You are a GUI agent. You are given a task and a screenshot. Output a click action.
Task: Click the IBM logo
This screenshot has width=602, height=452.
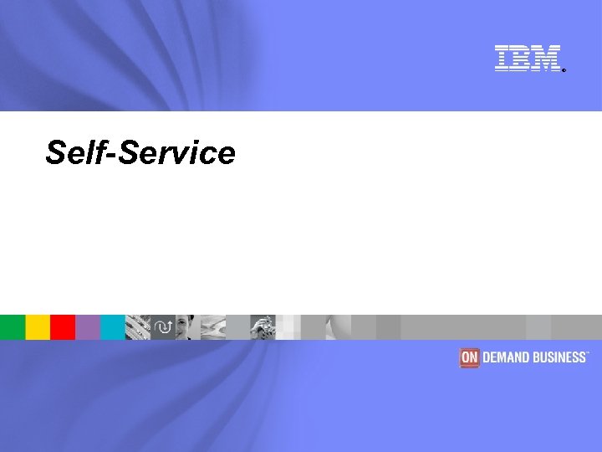tap(527, 58)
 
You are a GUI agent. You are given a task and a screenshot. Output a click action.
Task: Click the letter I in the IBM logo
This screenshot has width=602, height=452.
tap(503, 58)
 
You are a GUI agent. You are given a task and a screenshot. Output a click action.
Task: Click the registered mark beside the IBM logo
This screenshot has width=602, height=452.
tap(564, 70)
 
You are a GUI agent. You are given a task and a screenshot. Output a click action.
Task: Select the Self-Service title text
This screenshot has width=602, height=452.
tap(140, 152)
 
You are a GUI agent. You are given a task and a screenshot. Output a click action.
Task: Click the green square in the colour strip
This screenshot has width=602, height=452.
tap(12, 326)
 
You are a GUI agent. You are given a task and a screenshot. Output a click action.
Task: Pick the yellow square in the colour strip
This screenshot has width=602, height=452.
tap(38, 326)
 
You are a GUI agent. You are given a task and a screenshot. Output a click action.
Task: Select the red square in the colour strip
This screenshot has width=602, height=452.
tap(63, 326)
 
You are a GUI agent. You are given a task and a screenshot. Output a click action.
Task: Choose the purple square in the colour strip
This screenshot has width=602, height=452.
tap(88, 326)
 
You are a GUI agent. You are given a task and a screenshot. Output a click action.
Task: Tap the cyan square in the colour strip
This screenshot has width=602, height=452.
tap(113, 326)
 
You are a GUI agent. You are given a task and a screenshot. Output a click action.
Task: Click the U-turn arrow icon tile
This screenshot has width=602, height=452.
tap(163, 326)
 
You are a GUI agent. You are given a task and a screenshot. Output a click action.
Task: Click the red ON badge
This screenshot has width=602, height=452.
tap(469, 357)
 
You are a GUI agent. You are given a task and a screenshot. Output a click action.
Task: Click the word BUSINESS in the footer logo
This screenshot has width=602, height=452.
tap(559, 357)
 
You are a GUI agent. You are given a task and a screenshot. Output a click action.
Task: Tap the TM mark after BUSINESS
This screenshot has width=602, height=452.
tap(589, 353)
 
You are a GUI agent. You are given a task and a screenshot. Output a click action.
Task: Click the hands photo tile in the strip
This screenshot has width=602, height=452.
tap(263, 326)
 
